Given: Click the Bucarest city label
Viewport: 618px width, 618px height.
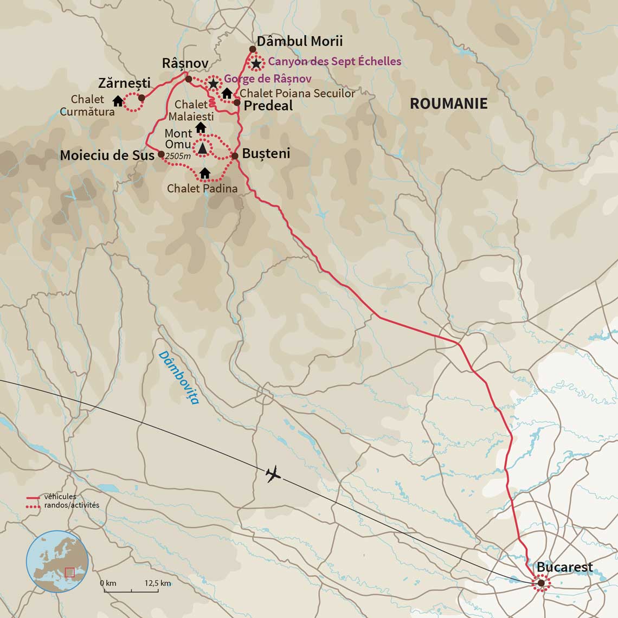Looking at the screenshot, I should click(564, 567).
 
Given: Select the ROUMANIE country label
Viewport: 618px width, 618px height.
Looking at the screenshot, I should click(448, 104).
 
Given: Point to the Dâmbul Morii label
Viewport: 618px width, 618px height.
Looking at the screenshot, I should click(299, 41).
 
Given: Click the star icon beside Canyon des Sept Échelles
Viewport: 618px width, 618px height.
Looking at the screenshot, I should click(256, 63).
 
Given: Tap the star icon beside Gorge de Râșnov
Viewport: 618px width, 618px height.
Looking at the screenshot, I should click(214, 83).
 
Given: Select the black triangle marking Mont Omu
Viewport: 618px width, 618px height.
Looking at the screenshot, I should click(202, 147).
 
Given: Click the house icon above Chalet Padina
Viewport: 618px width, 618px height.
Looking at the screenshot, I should click(204, 173).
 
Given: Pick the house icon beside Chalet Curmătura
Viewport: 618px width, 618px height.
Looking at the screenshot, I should click(118, 101).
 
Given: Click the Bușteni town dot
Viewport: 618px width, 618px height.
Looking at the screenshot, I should click(235, 156).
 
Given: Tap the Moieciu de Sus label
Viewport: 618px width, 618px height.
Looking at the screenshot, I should click(107, 156).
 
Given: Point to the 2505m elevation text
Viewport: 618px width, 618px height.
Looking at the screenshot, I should click(178, 157).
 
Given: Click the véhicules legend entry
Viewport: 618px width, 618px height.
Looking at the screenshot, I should click(60, 497).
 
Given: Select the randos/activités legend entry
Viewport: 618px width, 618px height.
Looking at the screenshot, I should click(72, 505).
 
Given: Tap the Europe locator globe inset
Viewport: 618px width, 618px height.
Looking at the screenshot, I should click(57, 562).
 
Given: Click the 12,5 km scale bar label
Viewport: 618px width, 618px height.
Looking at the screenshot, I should click(158, 583).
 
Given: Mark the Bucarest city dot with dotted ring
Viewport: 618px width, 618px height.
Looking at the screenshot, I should click(540, 583).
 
